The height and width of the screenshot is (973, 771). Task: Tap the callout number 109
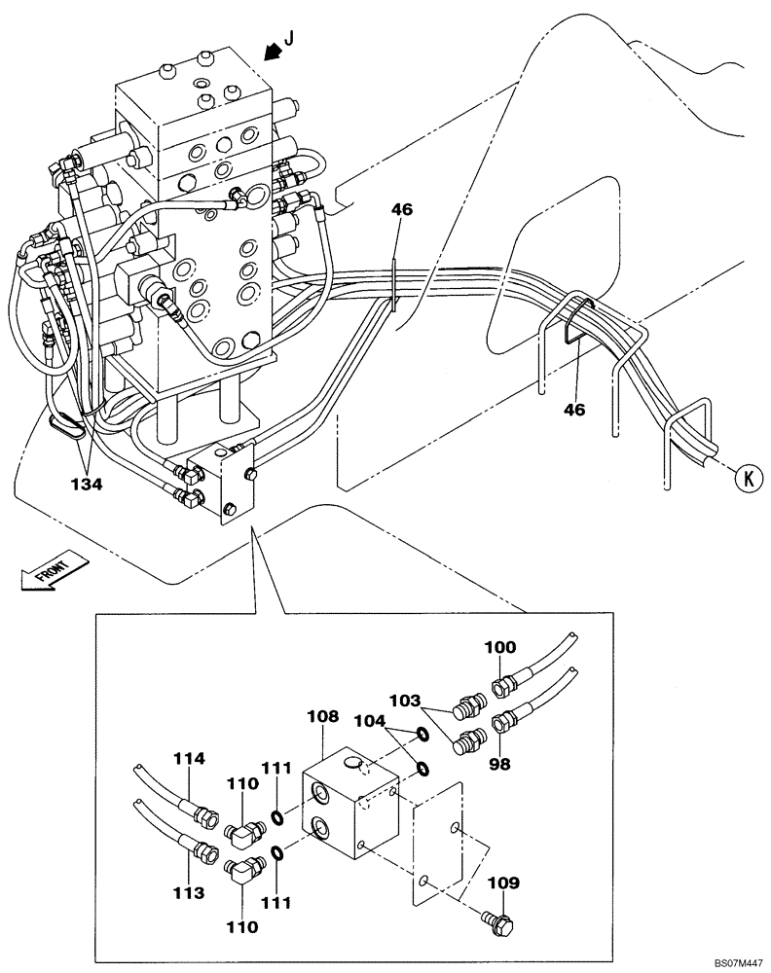click(x=504, y=883)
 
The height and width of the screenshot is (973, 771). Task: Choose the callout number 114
click(x=190, y=758)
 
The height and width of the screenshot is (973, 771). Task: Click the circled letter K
click(x=746, y=478)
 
